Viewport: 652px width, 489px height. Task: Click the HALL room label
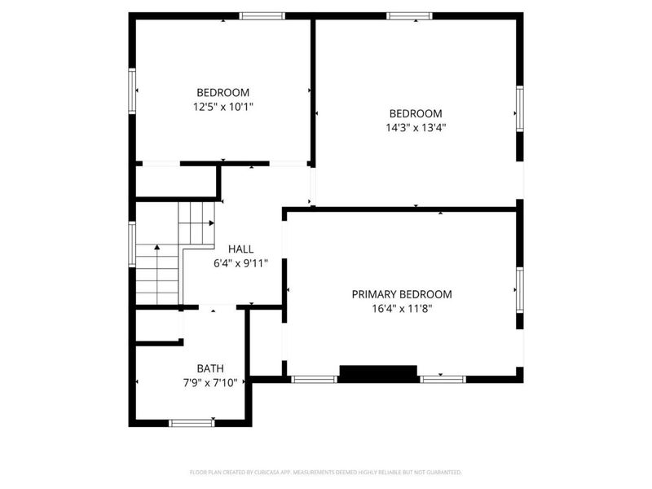pyautogui.click(x=240, y=249)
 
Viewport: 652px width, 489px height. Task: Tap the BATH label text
pyautogui.click(x=210, y=368)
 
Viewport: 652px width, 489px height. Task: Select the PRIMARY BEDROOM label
pyautogui.click(x=402, y=294)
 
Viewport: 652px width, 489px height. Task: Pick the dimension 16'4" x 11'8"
pyautogui.click(x=402, y=308)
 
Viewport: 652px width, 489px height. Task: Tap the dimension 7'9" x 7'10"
pyautogui.click(x=210, y=382)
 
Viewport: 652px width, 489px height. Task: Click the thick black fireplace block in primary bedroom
pyautogui.click(x=378, y=373)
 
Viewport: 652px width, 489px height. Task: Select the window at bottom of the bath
pyautogui.click(x=192, y=422)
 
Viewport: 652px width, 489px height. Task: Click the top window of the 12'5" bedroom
pyautogui.click(x=262, y=15)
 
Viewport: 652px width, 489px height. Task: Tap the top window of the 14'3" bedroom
pyautogui.click(x=409, y=15)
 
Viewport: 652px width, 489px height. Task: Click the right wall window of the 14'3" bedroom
pyautogui.click(x=519, y=108)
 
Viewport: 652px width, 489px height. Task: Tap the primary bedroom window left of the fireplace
pyautogui.click(x=315, y=378)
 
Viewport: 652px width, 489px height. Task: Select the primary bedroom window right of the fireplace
pyautogui.click(x=443, y=378)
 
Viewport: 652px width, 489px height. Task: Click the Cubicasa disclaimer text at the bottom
pyautogui.click(x=326, y=472)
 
